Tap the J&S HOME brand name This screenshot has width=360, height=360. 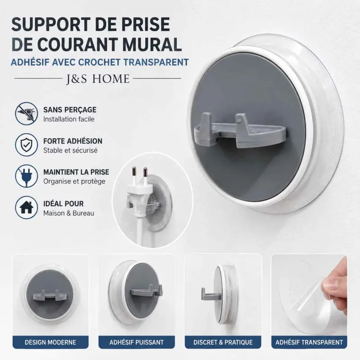click(98, 79)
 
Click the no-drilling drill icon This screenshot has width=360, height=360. click(27, 114)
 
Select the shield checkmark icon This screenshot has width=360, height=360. click(27, 145)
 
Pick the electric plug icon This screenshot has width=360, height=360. click(27, 176)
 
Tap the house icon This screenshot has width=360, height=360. click(27, 207)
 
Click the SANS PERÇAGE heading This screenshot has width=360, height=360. click(70, 110)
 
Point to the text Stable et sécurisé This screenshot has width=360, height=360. click(70, 150)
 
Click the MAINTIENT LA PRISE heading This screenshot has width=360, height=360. click(76, 172)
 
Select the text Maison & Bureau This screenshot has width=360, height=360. click(69, 213)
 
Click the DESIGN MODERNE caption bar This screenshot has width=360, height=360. click(50, 342)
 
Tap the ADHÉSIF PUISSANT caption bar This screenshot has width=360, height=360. click(137, 342)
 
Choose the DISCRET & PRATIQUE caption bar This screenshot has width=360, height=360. click(223, 342)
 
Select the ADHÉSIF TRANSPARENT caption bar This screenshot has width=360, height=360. click(309, 342)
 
